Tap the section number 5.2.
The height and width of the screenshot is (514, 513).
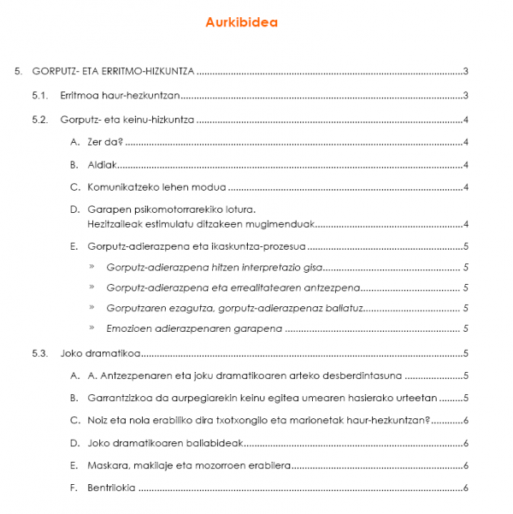click(40, 120)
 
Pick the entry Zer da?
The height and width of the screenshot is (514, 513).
click(106, 143)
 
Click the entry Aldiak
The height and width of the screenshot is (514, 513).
click(103, 165)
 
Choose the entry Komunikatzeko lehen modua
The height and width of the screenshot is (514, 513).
click(156, 187)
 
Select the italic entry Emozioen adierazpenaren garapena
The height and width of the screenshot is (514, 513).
click(193, 328)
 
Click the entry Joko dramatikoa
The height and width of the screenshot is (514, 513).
click(100, 353)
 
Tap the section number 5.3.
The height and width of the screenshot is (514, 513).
click(40, 353)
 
